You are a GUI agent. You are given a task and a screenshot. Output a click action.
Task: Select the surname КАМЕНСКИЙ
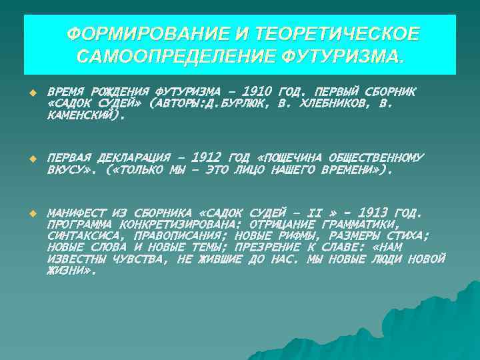84,115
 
